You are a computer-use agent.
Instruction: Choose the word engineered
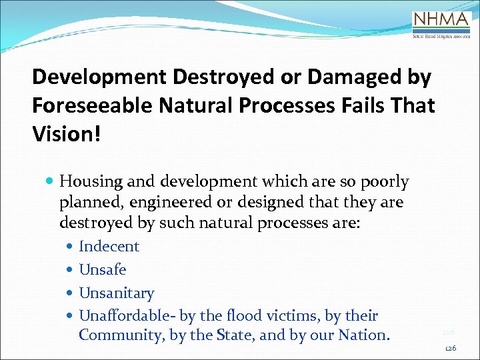[x=167, y=201]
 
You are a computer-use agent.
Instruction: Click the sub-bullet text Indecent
[x=109, y=247]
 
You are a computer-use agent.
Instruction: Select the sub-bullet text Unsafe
[x=103, y=270]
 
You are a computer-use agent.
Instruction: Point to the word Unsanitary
[x=117, y=293]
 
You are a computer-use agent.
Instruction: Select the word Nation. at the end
[x=366, y=335]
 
